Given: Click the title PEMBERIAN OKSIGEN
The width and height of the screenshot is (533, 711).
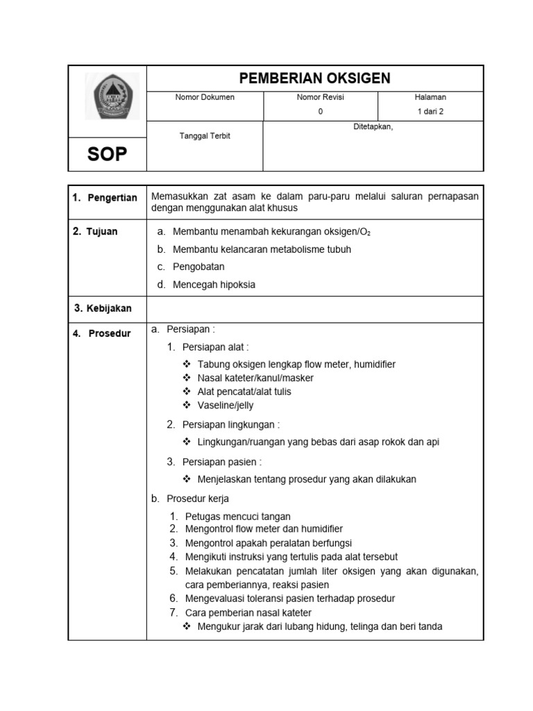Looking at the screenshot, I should [314, 78].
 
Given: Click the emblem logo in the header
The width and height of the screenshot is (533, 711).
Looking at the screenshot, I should [112, 97].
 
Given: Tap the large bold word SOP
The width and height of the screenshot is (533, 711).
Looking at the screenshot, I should [108, 154].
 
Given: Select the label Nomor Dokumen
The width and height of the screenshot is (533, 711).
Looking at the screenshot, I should [205, 97].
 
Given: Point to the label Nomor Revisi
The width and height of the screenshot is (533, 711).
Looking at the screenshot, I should [320, 97].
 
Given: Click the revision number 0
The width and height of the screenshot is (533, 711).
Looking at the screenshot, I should [320, 111].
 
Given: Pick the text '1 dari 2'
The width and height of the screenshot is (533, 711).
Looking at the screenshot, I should [430, 111].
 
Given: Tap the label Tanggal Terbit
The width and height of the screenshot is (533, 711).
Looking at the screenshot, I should [205, 136].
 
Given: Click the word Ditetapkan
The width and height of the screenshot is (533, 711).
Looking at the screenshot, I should [373, 127].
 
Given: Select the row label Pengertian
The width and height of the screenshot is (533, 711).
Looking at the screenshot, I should [112, 198].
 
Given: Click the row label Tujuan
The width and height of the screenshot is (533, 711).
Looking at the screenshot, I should [102, 232].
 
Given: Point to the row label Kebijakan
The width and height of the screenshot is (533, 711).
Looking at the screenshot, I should [108, 308].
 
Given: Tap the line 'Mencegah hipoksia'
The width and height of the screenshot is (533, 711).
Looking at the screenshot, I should [214, 284].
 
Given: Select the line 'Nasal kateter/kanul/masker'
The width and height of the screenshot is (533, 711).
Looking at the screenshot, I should [255, 378].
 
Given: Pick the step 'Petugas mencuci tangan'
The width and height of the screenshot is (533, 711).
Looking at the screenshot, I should [238, 517].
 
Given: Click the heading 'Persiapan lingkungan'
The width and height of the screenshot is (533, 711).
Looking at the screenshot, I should [230, 424].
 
